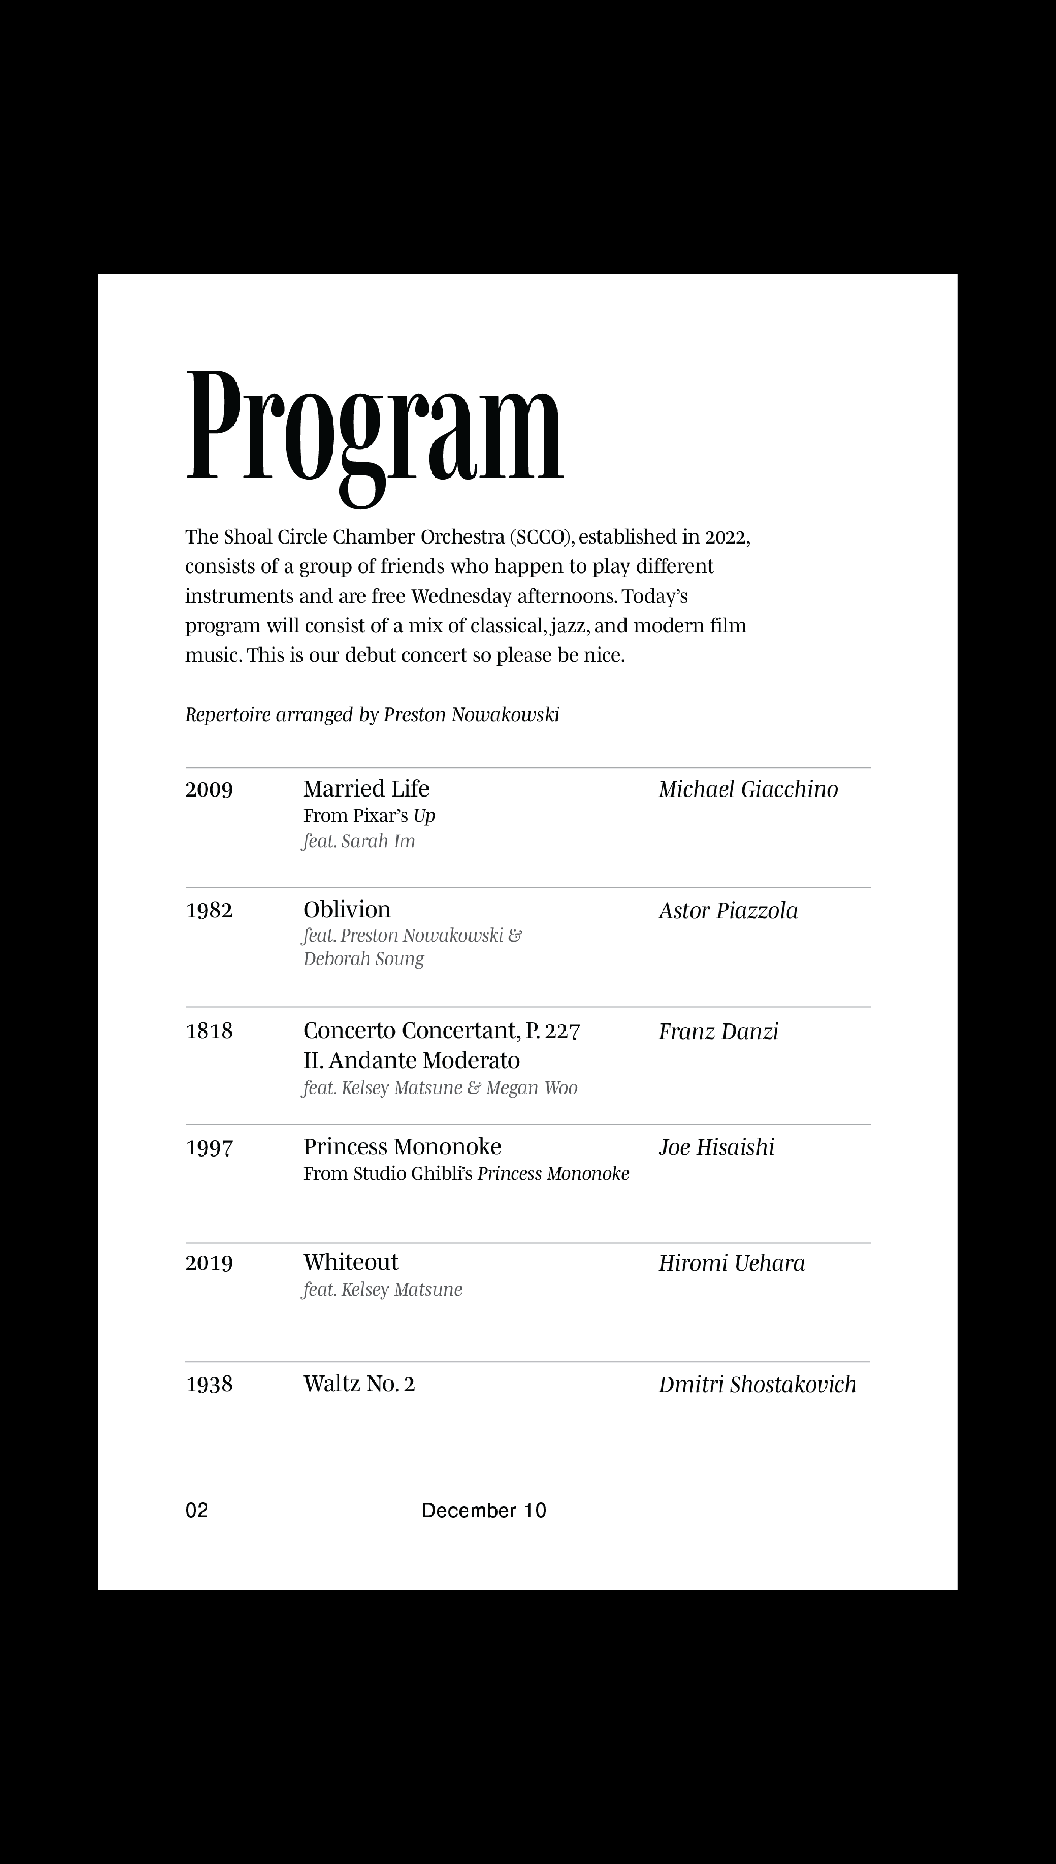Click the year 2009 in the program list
(x=209, y=789)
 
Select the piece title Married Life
(x=366, y=788)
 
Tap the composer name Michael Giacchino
(x=748, y=789)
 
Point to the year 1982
(x=209, y=910)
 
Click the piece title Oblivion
(x=347, y=910)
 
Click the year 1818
(x=209, y=1031)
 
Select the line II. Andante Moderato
(x=411, y=1060)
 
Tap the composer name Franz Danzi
(x=718, y=1031)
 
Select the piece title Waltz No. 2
(x=359, y=1384)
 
